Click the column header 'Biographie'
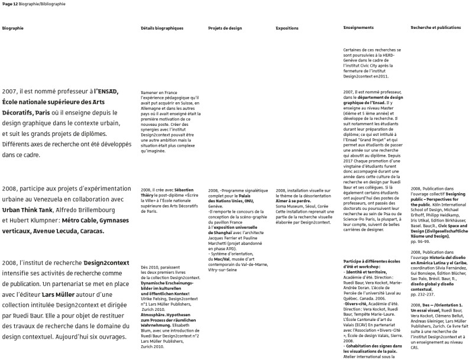[x=12, y=28]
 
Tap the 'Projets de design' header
[x=225, y=28]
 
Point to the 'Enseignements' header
[x=358, y=28]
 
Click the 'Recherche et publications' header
[x=436, y=28]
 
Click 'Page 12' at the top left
[x=11, y=4]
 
